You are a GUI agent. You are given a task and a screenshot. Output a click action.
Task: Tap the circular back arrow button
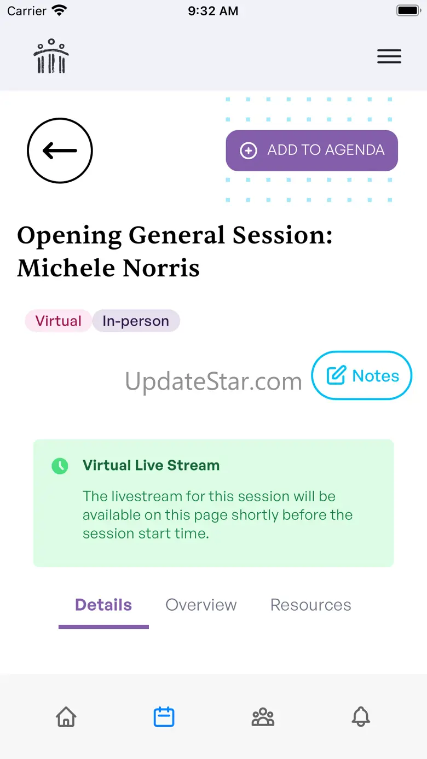pos(60,150)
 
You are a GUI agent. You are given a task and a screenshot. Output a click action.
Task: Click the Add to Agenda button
pos(312,150)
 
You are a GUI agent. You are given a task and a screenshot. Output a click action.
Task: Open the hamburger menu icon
pos(389,56)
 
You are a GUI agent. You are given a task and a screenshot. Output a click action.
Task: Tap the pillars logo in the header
pos(51,56)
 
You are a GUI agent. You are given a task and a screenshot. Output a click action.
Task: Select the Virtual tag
pos(58,321)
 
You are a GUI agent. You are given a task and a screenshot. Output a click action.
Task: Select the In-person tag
pos(136,321)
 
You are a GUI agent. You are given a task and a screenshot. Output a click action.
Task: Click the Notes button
pos(362,375)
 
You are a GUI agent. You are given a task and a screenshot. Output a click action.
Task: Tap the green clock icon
pos(60,466)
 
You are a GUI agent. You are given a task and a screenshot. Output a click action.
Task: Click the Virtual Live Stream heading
pos(151,465)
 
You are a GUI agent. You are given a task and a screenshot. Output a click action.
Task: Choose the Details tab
pos(103,605)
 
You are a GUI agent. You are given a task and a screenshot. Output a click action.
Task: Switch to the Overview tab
pos(201,605)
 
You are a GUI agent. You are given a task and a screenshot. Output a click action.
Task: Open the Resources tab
pos(311,605)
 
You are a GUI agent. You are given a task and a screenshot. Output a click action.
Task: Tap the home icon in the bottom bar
pos(66,717)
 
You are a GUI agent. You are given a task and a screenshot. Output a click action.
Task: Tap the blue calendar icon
pos(164,717)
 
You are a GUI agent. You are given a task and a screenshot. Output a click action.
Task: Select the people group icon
pos(263,717)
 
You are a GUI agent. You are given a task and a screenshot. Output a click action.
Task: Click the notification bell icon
pos(361,717)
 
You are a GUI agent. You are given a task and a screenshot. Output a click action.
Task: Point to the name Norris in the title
pos(161,268)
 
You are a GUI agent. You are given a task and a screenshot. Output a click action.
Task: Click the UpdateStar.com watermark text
pos(214,381)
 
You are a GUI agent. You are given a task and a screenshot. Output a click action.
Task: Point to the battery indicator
pos(409,10)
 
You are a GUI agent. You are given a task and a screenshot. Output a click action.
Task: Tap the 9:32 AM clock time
pos(213,11)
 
